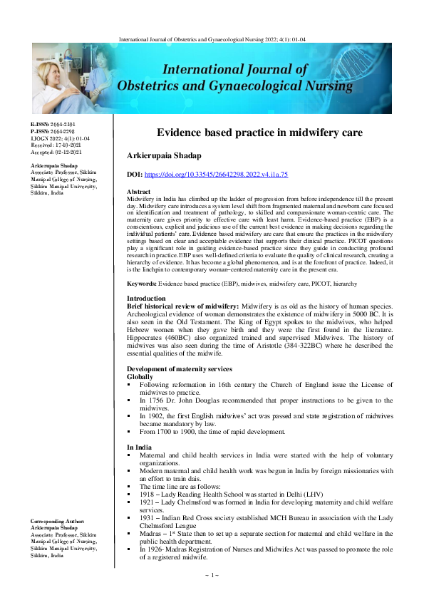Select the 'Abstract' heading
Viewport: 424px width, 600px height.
pyautogui.click(x=138, y=192)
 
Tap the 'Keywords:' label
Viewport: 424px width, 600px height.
pyautogui.click(x=142, y=283)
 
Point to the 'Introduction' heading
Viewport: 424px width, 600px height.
pyautogui.click(x=145, y=298)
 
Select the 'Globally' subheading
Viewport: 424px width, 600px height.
pyautogui.click(x=140, y=376)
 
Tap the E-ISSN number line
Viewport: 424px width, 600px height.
pyautogui.click(x=52, y=124)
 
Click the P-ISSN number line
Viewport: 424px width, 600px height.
pyautogui.click(x=52, y=131)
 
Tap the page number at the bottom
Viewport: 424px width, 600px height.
pyautogui.click(x=212, y=574)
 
